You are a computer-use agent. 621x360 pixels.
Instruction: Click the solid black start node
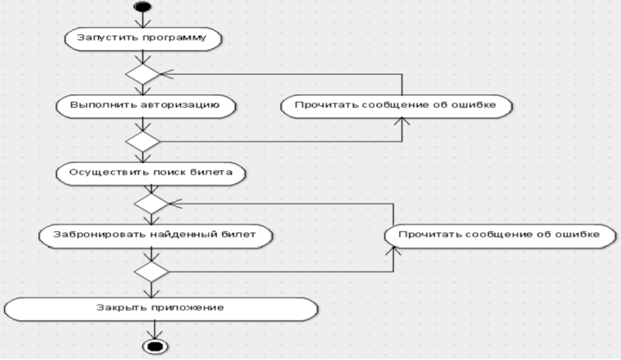click(143, 6)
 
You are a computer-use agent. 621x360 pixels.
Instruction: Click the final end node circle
click(155, 347)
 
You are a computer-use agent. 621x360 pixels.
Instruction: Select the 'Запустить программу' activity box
click(143, 39)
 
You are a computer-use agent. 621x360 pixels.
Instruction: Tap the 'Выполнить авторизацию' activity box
click(146, 106)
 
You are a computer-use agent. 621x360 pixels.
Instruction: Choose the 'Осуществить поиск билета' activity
click(151, 173)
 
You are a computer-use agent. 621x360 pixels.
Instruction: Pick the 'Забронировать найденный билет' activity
click(155, 236)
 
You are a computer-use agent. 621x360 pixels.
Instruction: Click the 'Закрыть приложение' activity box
click(161, 309)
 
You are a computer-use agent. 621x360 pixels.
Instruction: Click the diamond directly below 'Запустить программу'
click(143, 74)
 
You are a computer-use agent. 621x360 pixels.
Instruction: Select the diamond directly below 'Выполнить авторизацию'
click(143, 141)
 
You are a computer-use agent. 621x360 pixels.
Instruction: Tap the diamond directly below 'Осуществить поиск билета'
click(151, 203)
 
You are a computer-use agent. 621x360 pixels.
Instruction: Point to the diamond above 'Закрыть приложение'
click(151, 272)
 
